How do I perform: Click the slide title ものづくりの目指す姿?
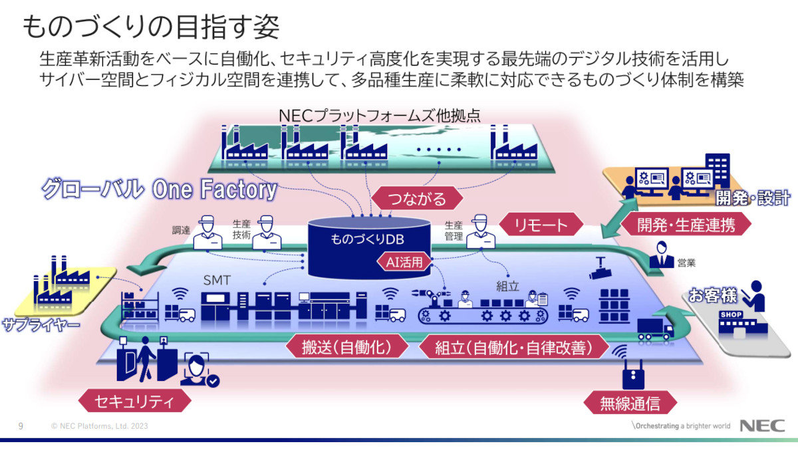[151, 27]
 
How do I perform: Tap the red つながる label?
[408, 197]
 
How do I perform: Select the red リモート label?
[541, 225]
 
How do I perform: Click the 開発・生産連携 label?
[686, 225]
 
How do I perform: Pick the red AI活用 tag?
[404, 262]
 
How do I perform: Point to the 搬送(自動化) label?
[346, 346]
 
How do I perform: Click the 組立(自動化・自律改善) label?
[514, 346]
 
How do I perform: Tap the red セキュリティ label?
[134, 401]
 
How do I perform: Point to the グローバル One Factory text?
[158, 190]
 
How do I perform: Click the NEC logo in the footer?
[762, 426]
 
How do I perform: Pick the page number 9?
[21, 426]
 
